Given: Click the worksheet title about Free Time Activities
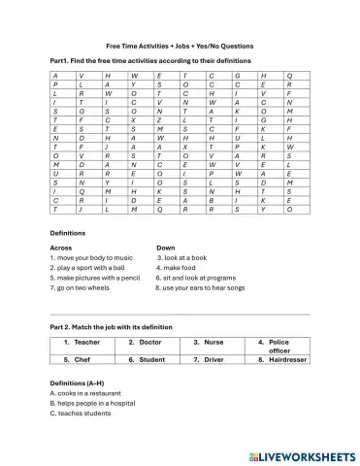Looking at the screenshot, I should [x=180, y=45].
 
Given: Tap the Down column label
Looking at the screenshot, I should [x=167, y=248].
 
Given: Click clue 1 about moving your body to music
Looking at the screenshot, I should [x=95, y=257].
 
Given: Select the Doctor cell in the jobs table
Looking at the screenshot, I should [x=147, y=343].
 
